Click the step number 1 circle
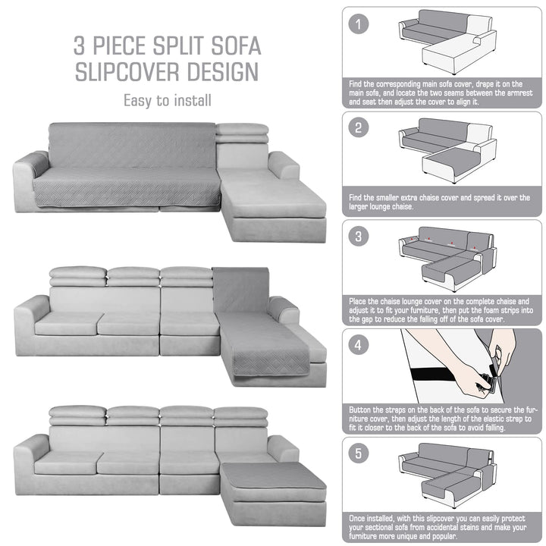point(358,24)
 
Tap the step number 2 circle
point(358,127)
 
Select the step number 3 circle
point(358,237)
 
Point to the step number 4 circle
point(358,345)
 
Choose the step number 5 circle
point(358,453)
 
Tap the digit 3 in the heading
point(79,45)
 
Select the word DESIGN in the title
point(223,72)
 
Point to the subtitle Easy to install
point(168,101)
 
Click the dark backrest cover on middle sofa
point(240,290)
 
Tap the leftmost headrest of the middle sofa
point(78,277)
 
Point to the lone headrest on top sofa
point(242,133)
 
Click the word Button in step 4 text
point(359,409)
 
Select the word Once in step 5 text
point(357,519)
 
